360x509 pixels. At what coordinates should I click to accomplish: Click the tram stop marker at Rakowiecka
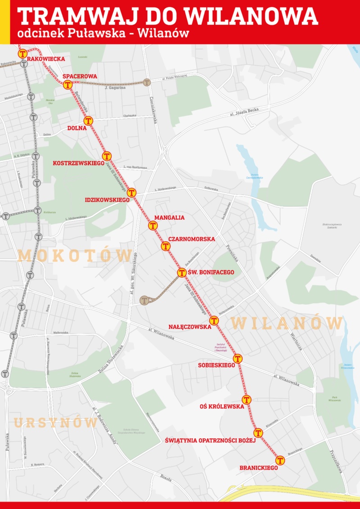(x=22, y=54)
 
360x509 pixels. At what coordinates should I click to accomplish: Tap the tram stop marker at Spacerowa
(x=68, y=85)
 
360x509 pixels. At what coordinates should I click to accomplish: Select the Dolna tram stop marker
(x=88, y=121)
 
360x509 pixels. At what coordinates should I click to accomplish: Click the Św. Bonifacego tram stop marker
(x=181, y=272)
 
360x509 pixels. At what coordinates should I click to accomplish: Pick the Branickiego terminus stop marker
(x=280, y=460)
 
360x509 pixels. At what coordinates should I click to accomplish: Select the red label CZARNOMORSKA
(x=192, y=239)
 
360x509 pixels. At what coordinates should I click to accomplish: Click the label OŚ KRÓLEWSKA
(x=222, y=406)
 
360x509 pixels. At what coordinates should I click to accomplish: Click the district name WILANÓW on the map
(x=287, y=323)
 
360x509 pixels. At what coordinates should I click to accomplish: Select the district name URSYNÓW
(x=55, y=423)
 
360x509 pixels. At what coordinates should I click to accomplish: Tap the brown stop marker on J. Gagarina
(x=146, y=82)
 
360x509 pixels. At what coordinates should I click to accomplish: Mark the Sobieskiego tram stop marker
(x=238, y=358)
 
